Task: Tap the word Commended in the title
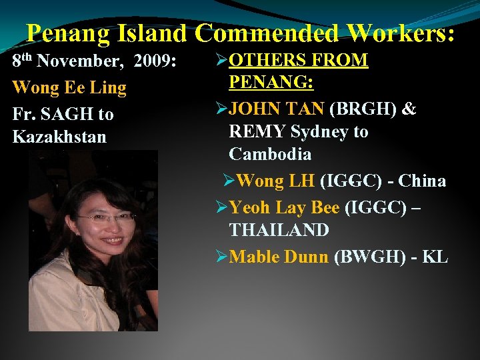266,32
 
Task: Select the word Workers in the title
399,32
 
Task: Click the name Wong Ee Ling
69,87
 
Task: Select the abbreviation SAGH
67,114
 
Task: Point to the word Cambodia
270,154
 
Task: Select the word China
421,181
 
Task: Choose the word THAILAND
279,231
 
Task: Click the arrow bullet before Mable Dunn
222,257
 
